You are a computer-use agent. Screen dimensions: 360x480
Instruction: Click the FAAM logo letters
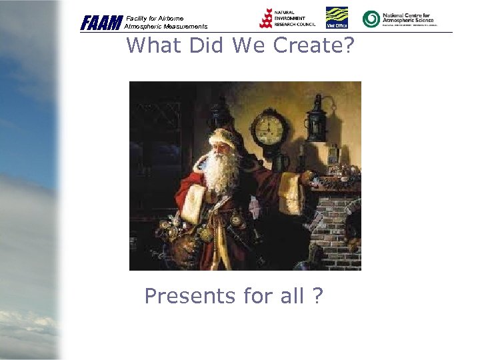point(101,23)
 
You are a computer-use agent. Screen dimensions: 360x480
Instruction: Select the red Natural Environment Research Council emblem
point(266,19)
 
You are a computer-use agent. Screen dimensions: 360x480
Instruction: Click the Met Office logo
point(337,18)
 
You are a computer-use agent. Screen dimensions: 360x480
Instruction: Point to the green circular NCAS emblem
point(371,19)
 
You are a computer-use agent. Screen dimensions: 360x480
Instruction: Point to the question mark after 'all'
point(317,295)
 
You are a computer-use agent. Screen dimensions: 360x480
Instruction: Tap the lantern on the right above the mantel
point(315,119)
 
